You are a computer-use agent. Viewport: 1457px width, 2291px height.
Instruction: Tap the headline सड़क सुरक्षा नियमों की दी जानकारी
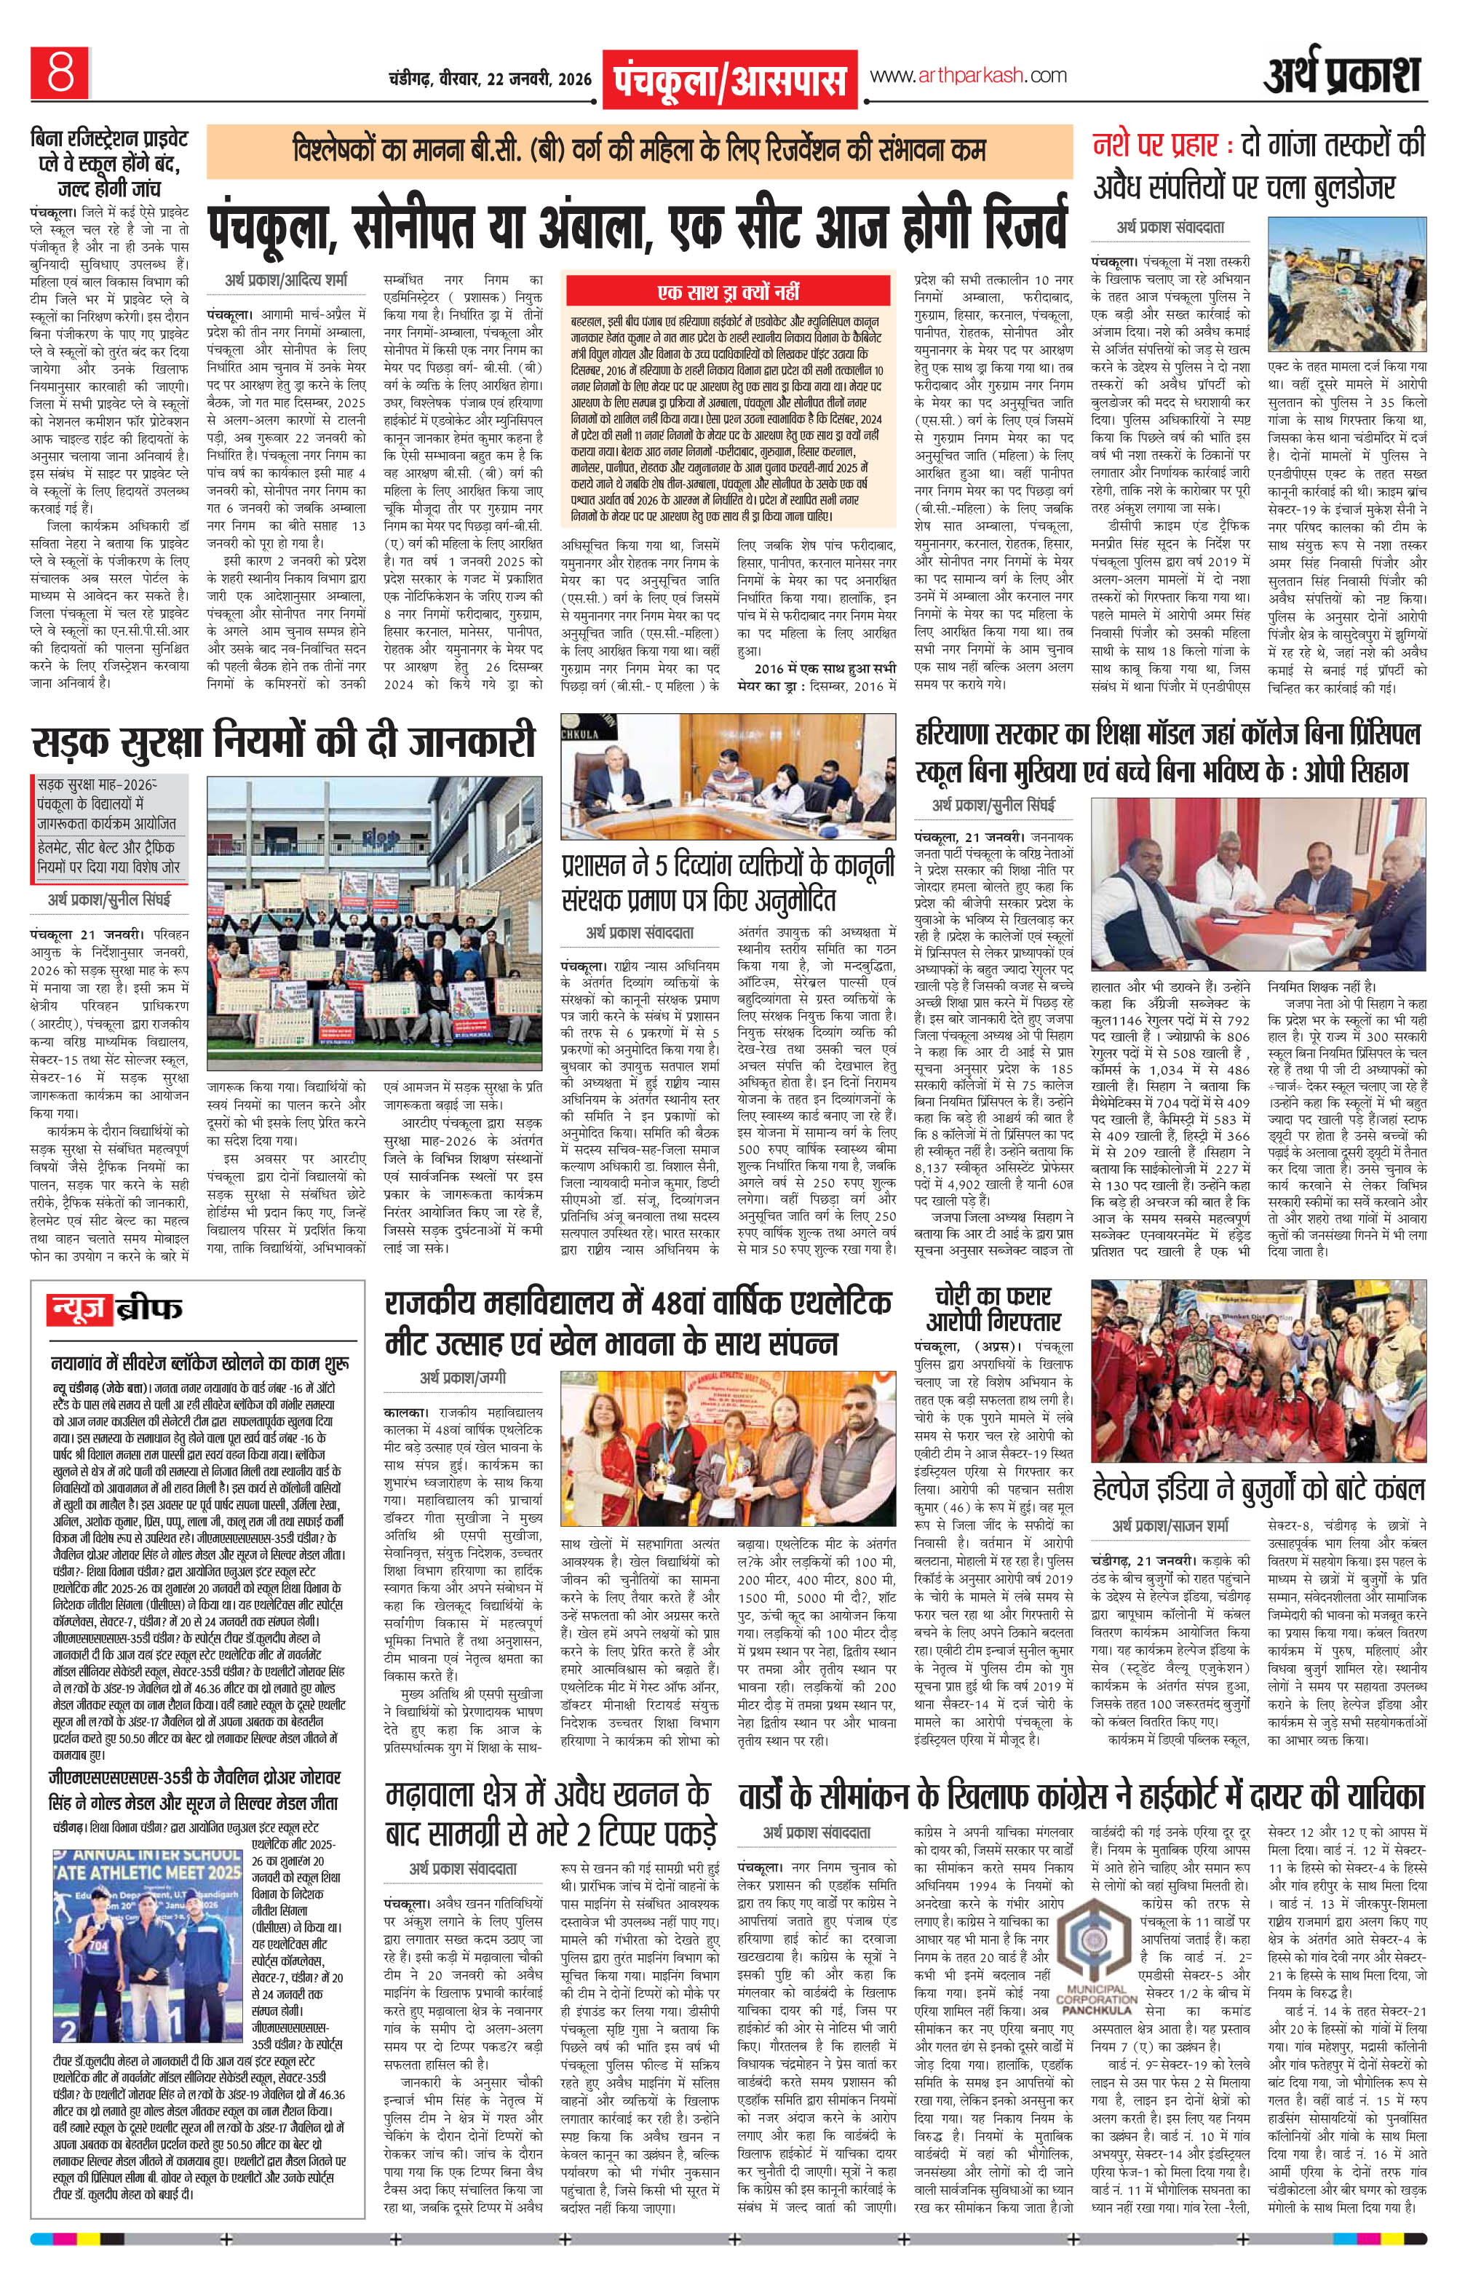point(282,743)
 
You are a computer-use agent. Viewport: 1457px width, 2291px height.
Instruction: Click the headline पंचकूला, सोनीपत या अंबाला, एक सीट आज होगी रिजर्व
point(638,222)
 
